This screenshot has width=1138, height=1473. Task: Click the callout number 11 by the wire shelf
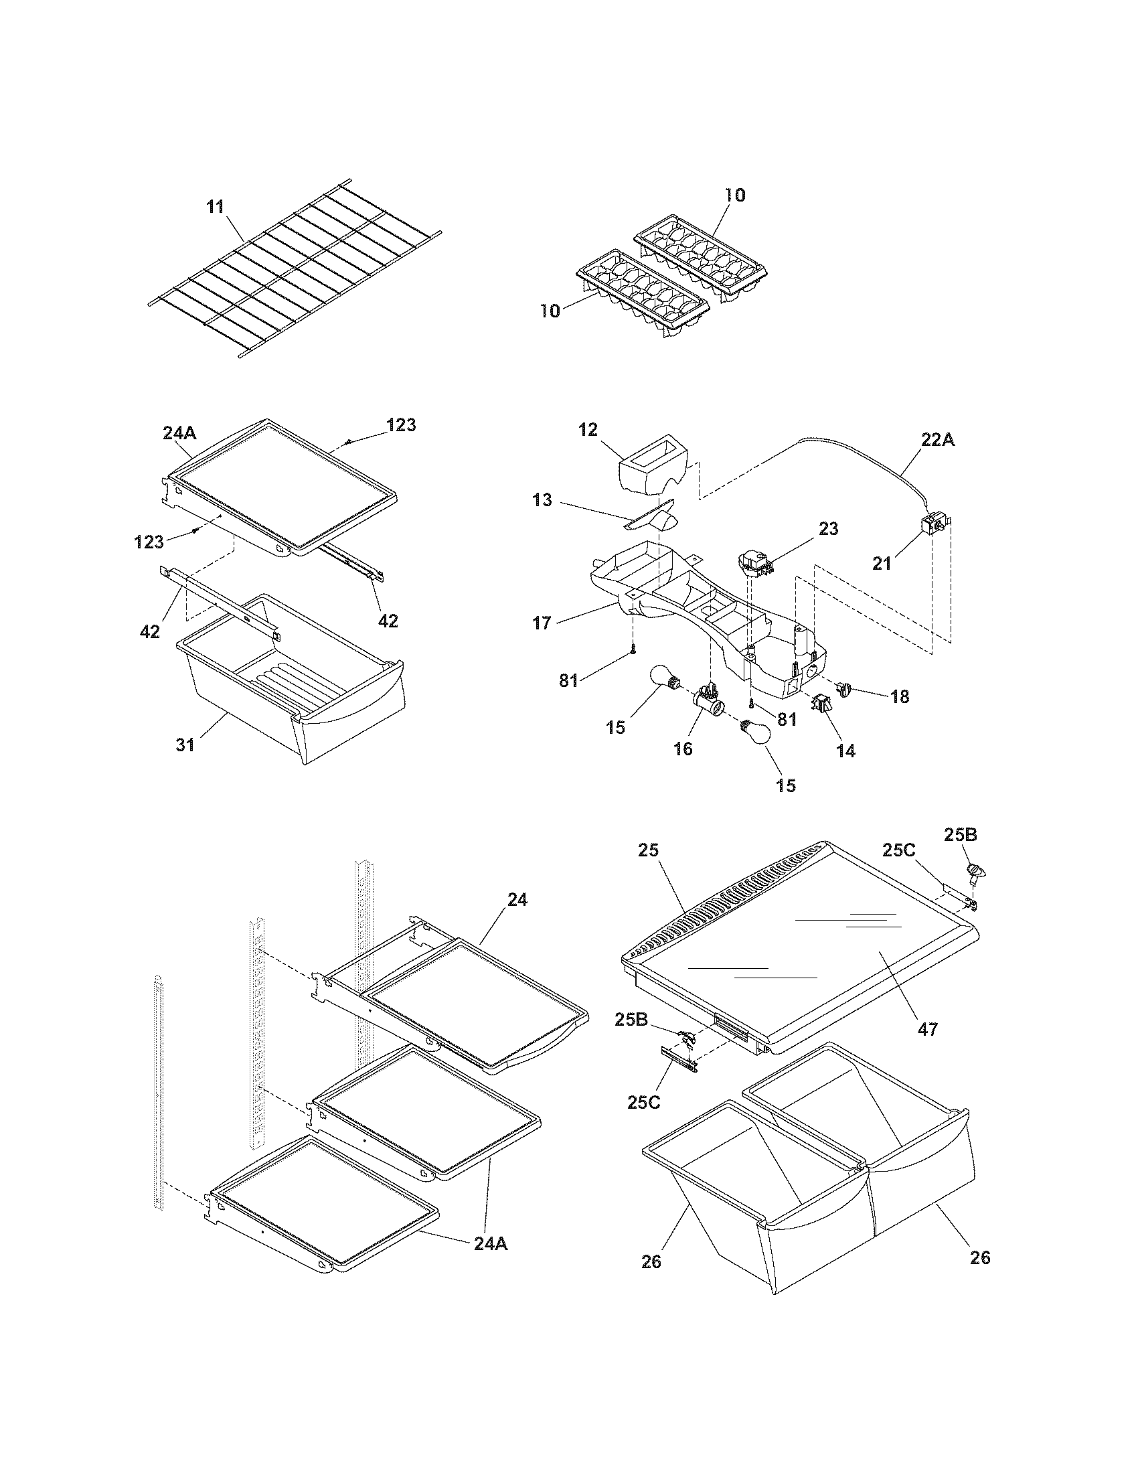point(215,207)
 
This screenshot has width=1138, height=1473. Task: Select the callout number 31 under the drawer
point(185,745)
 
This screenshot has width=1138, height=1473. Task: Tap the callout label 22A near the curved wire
point(938,439)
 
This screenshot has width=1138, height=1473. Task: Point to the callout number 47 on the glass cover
point(928,1029)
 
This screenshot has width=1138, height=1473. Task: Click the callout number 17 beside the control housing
point(542,623)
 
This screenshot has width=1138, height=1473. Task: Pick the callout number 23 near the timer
point(829,529)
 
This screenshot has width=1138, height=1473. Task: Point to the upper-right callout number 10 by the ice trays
point(735,195)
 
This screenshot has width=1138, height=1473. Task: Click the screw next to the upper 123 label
point(349,441)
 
